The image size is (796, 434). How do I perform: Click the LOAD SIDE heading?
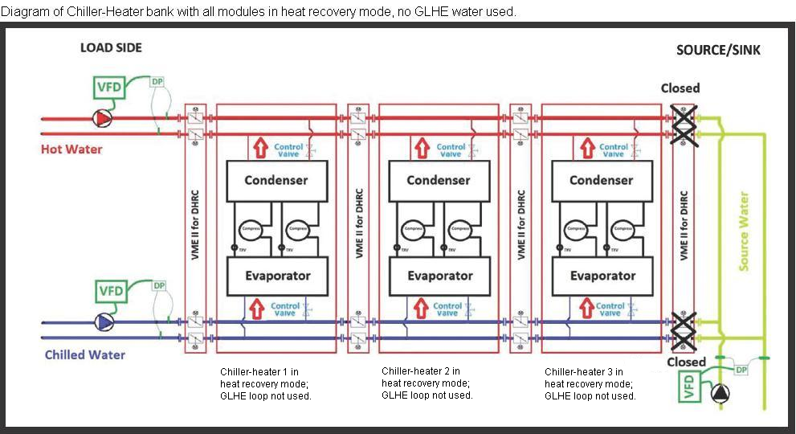click(x=111, y=47)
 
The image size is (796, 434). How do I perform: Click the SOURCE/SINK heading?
click(x=718, y=50)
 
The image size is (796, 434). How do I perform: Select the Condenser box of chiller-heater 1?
click(x=276, y=180)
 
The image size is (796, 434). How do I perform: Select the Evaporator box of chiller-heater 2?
click(x=439, y=276)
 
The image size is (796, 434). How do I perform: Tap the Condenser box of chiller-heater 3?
click(x=602, y=180)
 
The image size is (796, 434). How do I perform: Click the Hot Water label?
click(x=71, y=149)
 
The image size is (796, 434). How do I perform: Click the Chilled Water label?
click(x=84, y=354)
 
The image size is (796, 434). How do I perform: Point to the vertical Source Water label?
click(x=744, y=231)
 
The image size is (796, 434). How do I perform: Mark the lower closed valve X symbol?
click(x=683, y=328)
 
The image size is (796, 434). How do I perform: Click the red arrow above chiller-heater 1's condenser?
click(x=259, y=149)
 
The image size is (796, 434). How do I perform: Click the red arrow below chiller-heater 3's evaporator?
click(x=586, y=307)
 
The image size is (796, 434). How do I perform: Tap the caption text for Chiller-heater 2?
click(x=427, y=383)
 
